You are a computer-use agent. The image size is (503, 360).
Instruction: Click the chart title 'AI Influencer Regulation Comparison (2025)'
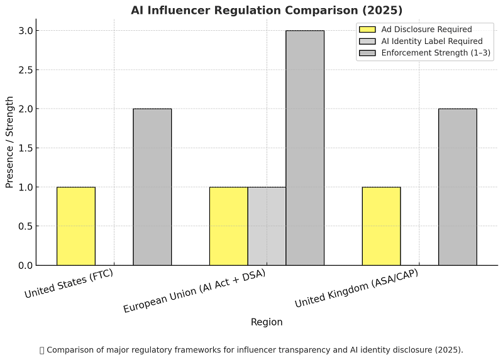267,10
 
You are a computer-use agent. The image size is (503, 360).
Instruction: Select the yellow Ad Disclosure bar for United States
76,226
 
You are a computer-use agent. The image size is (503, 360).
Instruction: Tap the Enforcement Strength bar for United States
152,187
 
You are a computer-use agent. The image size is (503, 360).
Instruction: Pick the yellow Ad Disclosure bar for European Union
228,226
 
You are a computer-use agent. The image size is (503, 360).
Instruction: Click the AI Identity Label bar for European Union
267,226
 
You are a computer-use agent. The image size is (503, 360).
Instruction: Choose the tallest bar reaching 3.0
305,148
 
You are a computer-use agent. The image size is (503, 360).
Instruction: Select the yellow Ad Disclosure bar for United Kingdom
381,226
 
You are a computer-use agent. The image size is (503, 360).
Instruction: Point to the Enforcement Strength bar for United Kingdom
457,187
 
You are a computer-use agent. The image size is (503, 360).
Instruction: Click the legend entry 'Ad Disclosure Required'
426,29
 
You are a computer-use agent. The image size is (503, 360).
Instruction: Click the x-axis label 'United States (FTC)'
69,284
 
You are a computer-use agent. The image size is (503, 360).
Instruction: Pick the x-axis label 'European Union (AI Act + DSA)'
194,291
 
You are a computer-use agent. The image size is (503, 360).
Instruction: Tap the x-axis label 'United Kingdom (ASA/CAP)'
357,288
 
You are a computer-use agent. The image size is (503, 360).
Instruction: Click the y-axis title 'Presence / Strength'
9,141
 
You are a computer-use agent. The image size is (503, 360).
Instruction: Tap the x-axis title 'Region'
267,322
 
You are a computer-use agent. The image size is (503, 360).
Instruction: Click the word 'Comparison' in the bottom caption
71,350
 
